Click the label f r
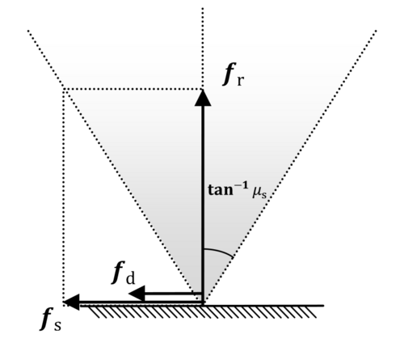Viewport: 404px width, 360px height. tap(234, 74)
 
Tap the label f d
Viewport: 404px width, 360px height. tap(124, 273)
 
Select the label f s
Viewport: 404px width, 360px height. tap(51, 319)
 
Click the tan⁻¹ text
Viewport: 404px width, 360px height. tap(228, 190)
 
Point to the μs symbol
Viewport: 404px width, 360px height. tap(259, 193)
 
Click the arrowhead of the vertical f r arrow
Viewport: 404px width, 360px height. tap(203, 98)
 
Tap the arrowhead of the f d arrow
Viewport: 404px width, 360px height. tap(137, 293)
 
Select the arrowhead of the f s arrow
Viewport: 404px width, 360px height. tap(71, 302)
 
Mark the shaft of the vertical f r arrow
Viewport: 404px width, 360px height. tap(203, 204)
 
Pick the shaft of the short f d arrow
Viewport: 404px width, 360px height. tap(173, 293)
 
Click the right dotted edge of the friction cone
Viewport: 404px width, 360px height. tap(290, 167)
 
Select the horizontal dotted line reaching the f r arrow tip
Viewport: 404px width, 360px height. tap(133, 89)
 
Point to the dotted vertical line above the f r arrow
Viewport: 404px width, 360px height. tap(203, 49)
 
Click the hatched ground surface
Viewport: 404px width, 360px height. tap(202, 311)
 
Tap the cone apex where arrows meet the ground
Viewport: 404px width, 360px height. tap(203, 304)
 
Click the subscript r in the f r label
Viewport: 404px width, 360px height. tap(241, 80)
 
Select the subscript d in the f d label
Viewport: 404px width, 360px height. tap(130, 278)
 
